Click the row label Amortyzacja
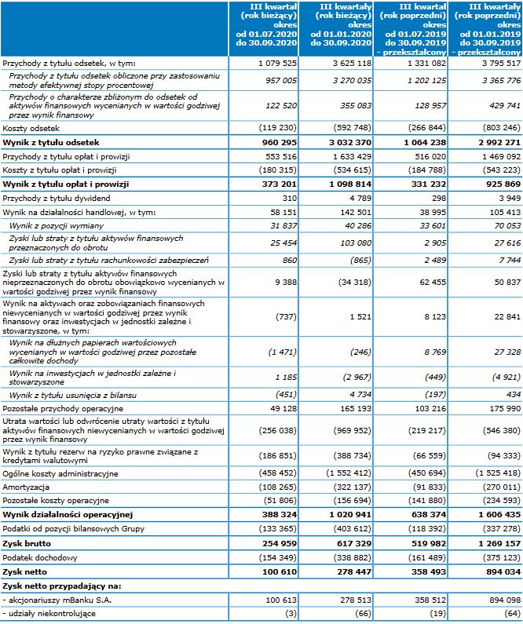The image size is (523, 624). pyautogui.click(x=26, y=487)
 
